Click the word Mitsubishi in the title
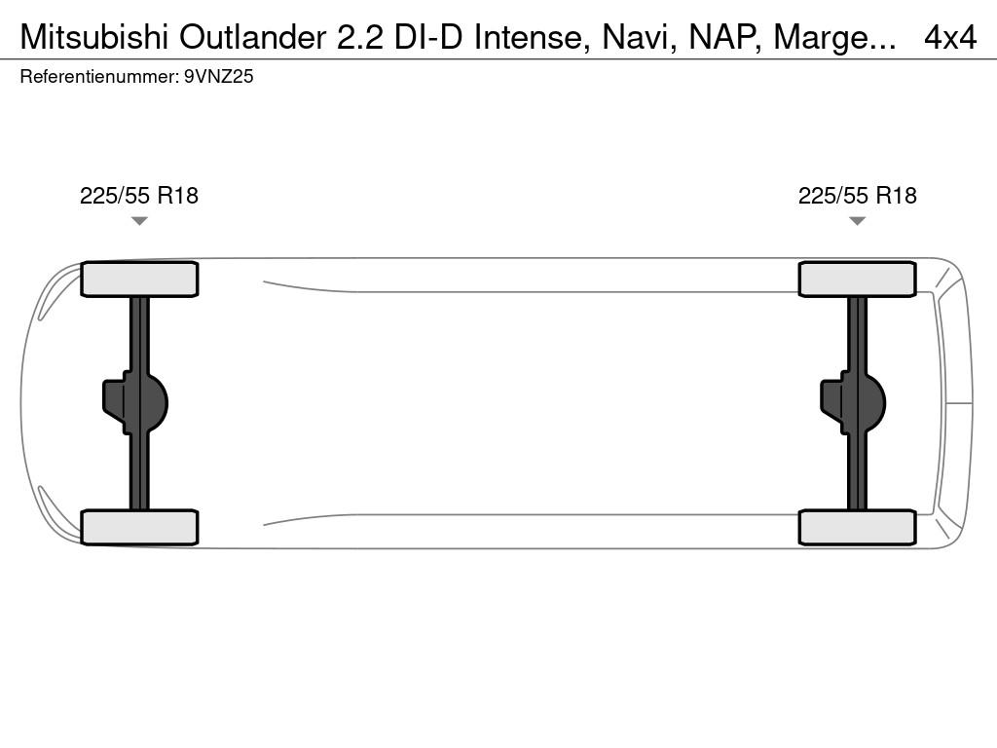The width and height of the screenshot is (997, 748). [x=94, y=38]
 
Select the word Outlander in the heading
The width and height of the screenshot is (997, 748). [x=252, y=38]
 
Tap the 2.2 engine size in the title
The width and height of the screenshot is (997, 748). [x=360, y=38]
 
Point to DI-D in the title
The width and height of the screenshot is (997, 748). [x=428, y=38]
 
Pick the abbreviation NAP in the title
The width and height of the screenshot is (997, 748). [x=724, y=38]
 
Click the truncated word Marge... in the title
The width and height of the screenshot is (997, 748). [x=834, y=39]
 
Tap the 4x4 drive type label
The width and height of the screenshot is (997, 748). [x=950, y=38]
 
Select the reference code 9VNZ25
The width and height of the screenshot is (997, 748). [x=219, y=76]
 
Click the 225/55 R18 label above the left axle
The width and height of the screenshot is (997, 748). [x=139, y=195]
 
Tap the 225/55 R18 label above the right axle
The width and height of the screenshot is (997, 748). [x=857, y=195]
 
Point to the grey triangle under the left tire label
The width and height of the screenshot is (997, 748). [x=139, y=221]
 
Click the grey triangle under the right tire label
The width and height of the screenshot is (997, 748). [x=857, y=221]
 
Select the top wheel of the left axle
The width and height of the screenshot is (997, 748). [x=139, y=280]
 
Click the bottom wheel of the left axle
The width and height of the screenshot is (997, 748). [x=139, y=527]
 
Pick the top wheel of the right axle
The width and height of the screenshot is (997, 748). [x=857, y=280]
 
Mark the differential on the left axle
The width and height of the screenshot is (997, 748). [x=135, y=402]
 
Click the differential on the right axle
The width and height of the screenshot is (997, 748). [x=853, y=402]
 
